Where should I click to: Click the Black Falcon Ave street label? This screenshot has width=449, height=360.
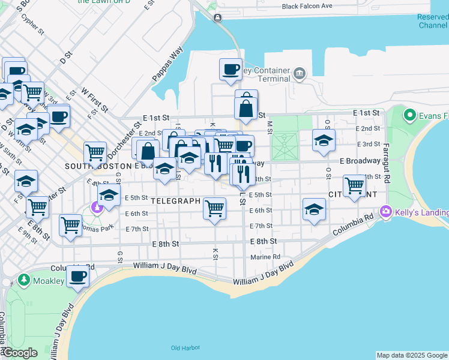pos(307,7)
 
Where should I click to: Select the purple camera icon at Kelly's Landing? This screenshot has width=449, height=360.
pos(386,212)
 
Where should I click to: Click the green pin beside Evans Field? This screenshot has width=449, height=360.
pos(411,114)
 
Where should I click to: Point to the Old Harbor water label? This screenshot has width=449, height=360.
pos(184,348)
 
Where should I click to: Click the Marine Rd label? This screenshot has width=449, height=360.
pos(265,257)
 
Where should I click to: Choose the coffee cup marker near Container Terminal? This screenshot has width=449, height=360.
pos(231,70)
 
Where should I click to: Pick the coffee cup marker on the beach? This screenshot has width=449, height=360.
pos(77,277)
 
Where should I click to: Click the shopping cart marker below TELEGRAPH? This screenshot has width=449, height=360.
pos(215,208)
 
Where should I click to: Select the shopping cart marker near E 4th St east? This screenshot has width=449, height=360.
pos(354,185)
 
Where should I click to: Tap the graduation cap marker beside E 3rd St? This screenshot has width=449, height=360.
pos(324,140)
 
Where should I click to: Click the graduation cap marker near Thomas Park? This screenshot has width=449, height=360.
pos(109,194)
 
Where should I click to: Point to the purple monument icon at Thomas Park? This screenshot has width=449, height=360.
pos(96,207)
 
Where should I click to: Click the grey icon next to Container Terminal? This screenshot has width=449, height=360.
pos(299,75)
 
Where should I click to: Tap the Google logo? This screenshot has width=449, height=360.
pos(19,353)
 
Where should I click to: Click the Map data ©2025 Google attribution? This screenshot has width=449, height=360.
pos(412,355)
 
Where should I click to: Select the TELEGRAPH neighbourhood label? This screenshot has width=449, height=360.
pos(175,201)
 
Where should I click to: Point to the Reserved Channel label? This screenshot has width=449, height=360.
pos(432,21)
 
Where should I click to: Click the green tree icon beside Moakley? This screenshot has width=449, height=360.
pos(23,280)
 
